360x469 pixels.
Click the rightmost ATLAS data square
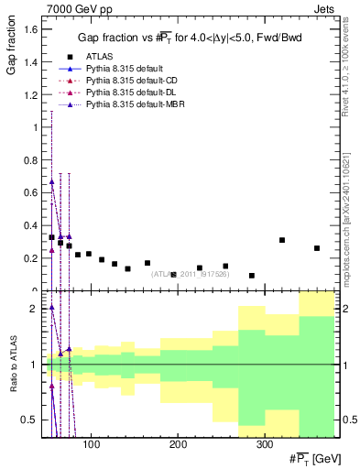tap(317, 248)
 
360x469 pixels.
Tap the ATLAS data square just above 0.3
tap(282, 240)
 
